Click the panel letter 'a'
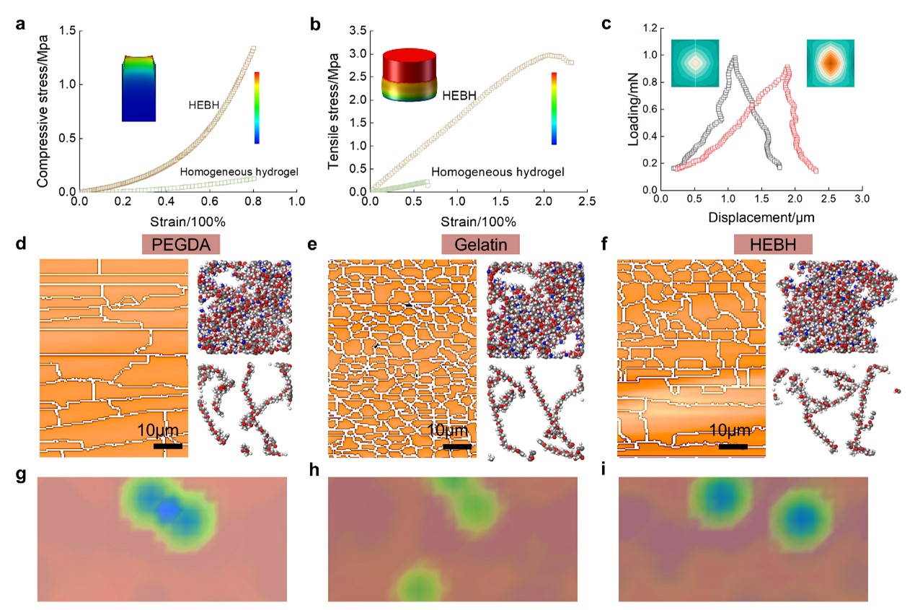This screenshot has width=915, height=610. click(x=22, y=23)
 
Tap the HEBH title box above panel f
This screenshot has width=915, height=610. click(x=773, y=244)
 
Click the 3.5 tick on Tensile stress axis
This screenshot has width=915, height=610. click(x=357, y=30)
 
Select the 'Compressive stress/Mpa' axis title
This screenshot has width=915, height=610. click(x=44, y=110)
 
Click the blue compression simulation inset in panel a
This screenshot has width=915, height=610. click(x=139, y=88)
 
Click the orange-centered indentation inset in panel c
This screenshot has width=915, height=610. click(x=830, y=63)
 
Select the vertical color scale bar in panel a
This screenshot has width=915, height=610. click(x=256, y=108)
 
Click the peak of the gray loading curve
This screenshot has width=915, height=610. click(x=734, y=58)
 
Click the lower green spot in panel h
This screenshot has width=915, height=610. click(x=419, y=582)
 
